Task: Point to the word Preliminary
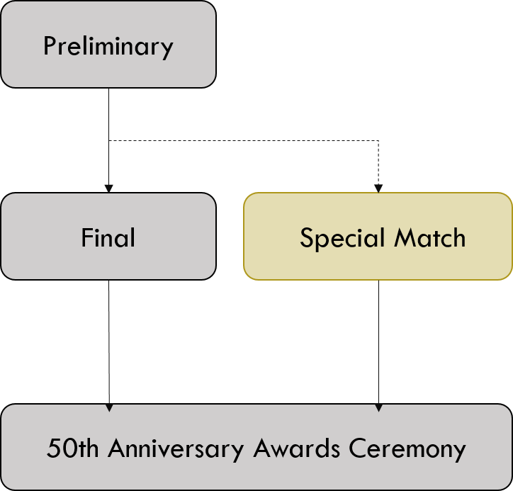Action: point(108,47)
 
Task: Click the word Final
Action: point(108,237)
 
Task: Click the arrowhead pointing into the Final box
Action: point(108,188)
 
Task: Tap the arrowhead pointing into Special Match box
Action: point(378,188)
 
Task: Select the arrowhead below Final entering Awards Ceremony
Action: point(108,407)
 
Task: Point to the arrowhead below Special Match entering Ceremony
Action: point(378,407)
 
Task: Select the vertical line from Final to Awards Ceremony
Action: point(108,340)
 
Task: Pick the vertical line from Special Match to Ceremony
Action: point(378,340)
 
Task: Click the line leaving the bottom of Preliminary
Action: point(108,113)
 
